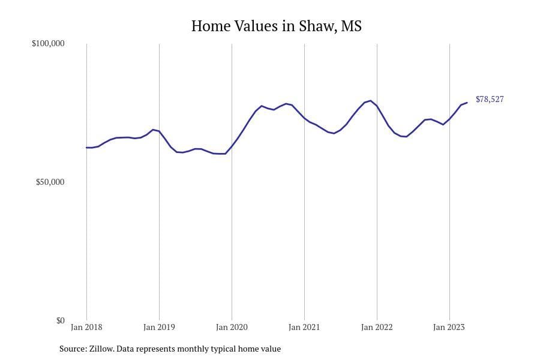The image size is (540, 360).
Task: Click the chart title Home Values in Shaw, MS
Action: tap(276, 26)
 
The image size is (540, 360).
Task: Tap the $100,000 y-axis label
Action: tap(48, 44)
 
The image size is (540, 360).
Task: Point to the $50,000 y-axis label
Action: tap(50, 182)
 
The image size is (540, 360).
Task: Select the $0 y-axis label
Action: tap(60, 320)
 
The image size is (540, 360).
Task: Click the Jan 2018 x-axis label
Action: tap(86, 328)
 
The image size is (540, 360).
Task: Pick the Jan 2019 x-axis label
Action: tap(159, 328)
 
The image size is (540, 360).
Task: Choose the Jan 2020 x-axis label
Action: tap(232, 328)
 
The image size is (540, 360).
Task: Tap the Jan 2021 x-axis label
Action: tap(304, 328)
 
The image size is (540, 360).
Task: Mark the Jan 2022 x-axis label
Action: tap(377, 328)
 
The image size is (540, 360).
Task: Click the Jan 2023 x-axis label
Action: tap(449, 328)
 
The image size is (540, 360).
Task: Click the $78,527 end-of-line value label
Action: tap(490, 100)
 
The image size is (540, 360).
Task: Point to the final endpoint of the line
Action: tap(467, 103)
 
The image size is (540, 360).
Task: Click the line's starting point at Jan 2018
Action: tap(86, 148)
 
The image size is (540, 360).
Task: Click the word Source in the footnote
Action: tap(73, 349)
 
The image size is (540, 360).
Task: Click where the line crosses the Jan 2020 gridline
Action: tap(232, 146)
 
